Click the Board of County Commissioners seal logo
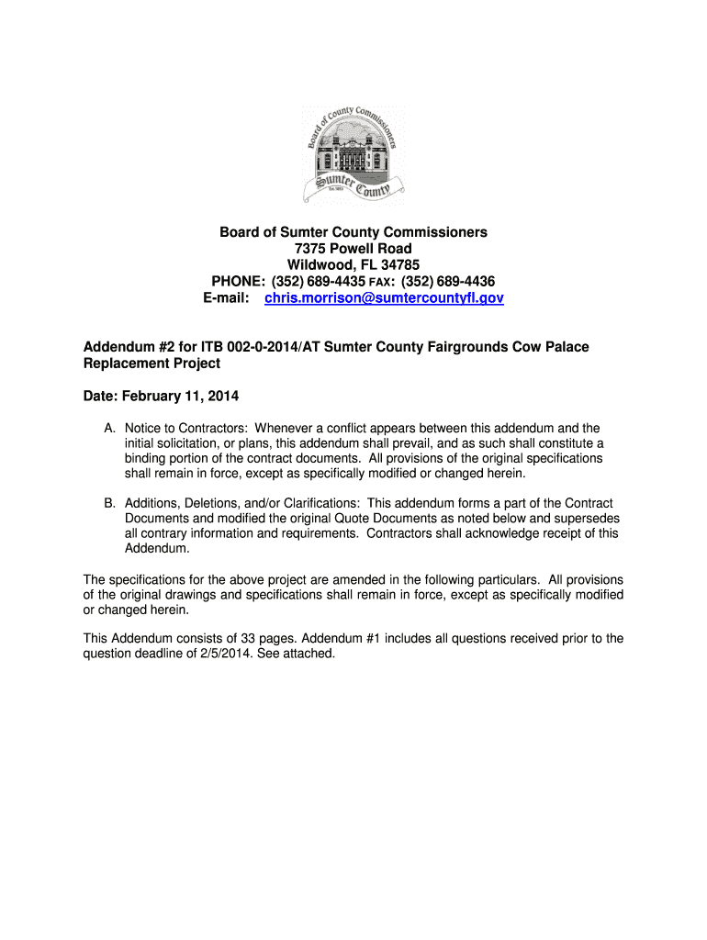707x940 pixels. click(353, 153)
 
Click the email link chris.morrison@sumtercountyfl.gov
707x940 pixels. click(384, 298)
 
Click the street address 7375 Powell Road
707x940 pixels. click(353, 249)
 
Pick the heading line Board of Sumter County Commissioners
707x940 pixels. click(353, 232)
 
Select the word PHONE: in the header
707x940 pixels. click(239, 282)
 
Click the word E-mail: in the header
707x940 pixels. click(226, 298)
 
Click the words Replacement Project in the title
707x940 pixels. click(151, 364)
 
